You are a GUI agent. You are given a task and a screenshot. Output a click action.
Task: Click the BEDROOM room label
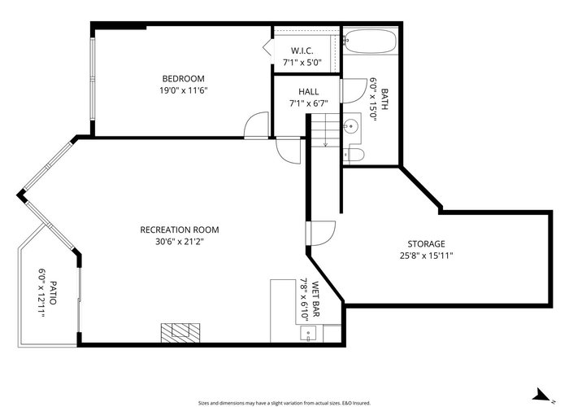[x=183, y=78]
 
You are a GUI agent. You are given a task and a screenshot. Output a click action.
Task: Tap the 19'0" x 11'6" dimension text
[x=183, y=90]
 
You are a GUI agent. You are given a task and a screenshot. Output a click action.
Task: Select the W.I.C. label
[x=302, y=50]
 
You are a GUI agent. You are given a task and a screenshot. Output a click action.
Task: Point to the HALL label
[x=308, y=91]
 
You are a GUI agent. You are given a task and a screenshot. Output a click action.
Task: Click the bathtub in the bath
[x=370, y=41]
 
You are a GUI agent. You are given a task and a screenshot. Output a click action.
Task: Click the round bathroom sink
[x=351, y=126]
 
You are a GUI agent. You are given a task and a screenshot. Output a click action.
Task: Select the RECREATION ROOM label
[x=180, y=230]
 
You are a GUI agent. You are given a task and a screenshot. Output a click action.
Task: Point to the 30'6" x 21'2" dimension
[x=180, y=241]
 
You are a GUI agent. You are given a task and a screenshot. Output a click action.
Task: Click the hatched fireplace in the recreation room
[x=180, y=332]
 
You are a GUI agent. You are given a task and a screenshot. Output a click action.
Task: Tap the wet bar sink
[x=308, y=334]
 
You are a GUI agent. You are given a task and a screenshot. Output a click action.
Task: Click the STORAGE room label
[x=426, y=244]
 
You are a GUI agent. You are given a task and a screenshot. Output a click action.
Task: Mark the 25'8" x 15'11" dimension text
[x=427, y=256]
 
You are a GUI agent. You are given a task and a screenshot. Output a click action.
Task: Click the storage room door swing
[x=323, y=233]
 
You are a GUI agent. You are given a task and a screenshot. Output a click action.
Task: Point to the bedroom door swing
[x=256, y=125]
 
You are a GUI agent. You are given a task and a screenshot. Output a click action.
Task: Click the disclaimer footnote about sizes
[x=284, y=403]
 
